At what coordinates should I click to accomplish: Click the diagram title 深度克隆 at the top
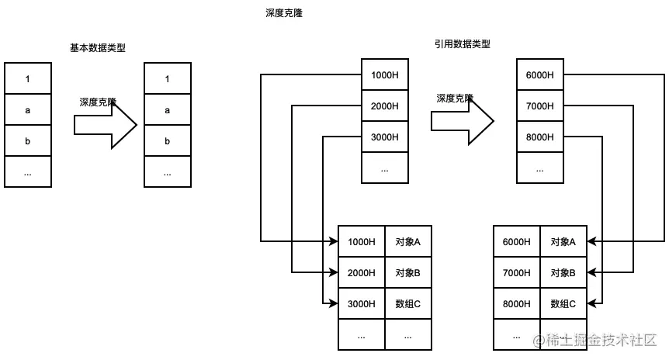tap(283, 14)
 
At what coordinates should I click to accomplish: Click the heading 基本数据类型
tap(98, 48)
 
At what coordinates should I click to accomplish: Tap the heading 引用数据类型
tap(463, 44)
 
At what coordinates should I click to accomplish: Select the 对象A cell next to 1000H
tap(408, 241)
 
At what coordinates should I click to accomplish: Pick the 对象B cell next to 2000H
tap(408, 272)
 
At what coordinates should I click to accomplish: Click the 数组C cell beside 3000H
tap(408, 303)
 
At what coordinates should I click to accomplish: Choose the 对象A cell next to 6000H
tap(563, 241)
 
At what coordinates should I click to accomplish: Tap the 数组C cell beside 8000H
tap(563, 303)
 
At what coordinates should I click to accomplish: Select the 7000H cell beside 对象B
tap(517, 272)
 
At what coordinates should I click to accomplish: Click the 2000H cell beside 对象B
tap(362, 272)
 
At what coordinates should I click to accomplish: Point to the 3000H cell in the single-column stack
tap(385, 137)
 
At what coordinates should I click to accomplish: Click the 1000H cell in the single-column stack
tap(385, 74)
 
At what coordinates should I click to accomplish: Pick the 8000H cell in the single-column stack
tap(540, 137)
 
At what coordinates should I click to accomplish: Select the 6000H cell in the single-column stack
tap(540, 74)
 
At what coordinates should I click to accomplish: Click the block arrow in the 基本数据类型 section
tap(106, 124)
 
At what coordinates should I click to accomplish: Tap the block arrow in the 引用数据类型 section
tap(463, 121)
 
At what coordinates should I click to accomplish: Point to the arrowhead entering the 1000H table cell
tap(333, 241)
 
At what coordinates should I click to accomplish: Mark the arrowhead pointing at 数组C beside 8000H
tap(592, 303)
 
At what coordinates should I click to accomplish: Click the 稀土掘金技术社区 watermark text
tap(594, 340)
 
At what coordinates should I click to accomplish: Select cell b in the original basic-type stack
tap(28, 140)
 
